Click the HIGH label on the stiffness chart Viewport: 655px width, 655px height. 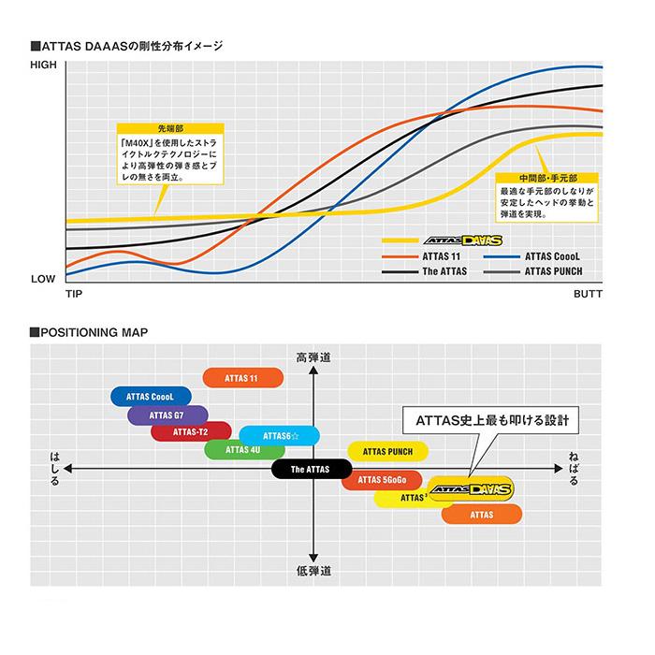[44, 65]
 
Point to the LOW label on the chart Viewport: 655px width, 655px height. [44, 279]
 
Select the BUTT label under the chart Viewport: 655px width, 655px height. [588, 295]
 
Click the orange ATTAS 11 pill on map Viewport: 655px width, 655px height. [241, 378]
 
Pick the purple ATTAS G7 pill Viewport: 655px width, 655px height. [167, 415]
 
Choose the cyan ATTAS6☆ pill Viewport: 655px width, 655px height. [280, 435]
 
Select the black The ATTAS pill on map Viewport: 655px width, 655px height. [312, 468]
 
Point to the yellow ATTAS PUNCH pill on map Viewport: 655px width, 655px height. [387, 451]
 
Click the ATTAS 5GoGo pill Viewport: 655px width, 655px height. [381, 481]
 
